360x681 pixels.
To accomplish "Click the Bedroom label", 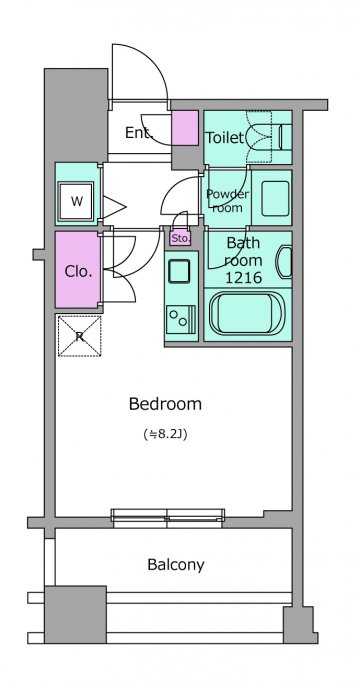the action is [x=165, y=404].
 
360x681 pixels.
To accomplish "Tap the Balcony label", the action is [x=175, y=565].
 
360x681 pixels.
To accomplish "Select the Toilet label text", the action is [x=224, y=138].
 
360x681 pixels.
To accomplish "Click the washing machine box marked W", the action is [x=76, y=202].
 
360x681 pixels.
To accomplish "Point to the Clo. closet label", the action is [x=78, y=271].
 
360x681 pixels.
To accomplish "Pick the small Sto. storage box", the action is [x=180, y=238].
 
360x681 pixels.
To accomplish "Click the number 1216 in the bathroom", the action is [x=244, y=277].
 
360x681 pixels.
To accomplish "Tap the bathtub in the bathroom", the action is [x=247, y=313].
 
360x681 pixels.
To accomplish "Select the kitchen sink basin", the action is [x=179, y=271].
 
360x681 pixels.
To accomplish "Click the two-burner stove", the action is [x=179, y=318].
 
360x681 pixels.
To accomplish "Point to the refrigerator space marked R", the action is [x=79, y=336].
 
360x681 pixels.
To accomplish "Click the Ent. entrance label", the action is [x=139, y=133].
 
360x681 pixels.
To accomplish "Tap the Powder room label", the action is [x=228, y=200].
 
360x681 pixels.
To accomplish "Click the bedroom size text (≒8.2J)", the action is [x=165, y=434].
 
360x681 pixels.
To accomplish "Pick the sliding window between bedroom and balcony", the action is [x=168, y=518].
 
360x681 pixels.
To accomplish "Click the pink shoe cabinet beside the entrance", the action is [x=185, y=128].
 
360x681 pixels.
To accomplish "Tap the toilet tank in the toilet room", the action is [x=284, y=137].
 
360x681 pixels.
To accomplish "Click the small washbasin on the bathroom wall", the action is [x=284, y=261].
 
